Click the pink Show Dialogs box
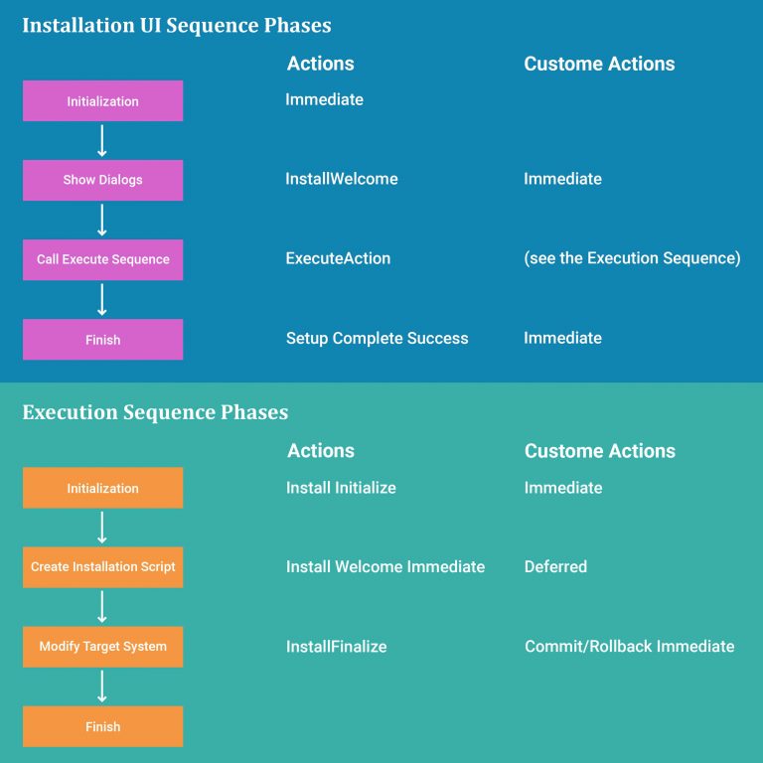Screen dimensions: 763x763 coord(102,180)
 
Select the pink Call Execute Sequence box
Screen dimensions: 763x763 coord(102,259)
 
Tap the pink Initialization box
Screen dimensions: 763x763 coord(102,101)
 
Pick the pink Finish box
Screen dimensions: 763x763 coord(102,340)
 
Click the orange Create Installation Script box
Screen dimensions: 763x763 coord(102,567)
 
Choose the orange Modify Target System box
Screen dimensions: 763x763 coord(102,647)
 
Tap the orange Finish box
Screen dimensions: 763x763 coord(102,726)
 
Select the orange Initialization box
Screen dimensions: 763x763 coord(102,488)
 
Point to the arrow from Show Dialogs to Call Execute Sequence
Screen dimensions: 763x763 coord(102,220)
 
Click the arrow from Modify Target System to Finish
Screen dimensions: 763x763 coord(102,687)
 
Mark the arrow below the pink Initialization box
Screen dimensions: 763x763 coord(102,140)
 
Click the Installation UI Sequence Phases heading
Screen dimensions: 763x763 coord(177,25)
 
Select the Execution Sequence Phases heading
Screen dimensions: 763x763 coord(155,412)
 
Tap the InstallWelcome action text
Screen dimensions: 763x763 coord(342,179)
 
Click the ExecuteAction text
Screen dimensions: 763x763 coord(338,258)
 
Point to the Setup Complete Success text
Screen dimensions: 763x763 coord(377,338)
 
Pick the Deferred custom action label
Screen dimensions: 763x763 coord(555,566)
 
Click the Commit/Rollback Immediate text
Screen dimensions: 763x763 coord(629,646)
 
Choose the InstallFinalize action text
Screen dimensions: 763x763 coord(336,646)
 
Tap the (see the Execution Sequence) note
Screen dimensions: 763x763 coord(632,258)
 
